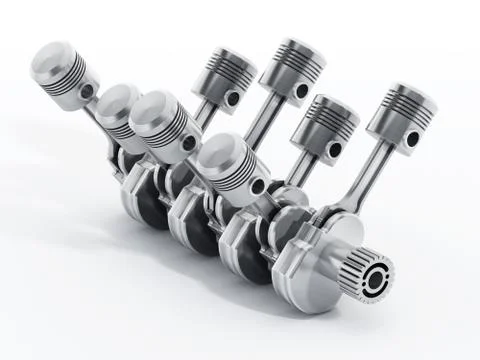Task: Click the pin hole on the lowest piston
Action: [x=258, y=186]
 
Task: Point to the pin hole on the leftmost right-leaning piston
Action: [x=231, y=99]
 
